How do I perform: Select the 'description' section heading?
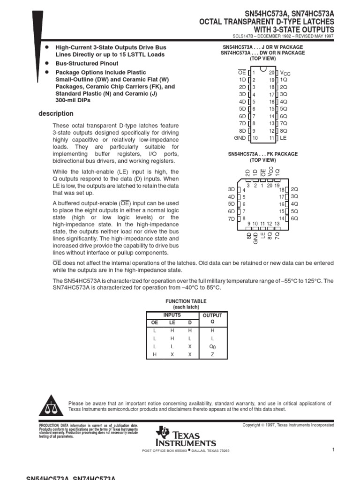tap(56, 113)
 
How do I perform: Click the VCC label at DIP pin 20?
tap(285, 73)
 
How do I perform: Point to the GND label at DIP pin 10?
tap(240, 138)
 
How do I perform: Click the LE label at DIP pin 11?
tap(283, 138)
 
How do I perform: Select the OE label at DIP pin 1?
tap(242, 73)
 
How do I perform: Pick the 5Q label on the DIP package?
tap(284, 109)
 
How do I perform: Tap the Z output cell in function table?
tap(212, 355)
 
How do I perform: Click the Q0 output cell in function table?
tap(212, 346)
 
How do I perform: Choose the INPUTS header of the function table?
tap(171, 315)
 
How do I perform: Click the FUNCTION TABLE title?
tap(186, 301)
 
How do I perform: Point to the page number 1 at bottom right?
tap(332, 450)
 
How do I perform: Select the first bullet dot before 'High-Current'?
tap(46, 47)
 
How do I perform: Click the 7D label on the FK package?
tap(231, 218)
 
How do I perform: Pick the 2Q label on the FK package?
tap(294, 189)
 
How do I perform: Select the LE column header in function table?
tap(172, 322)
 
